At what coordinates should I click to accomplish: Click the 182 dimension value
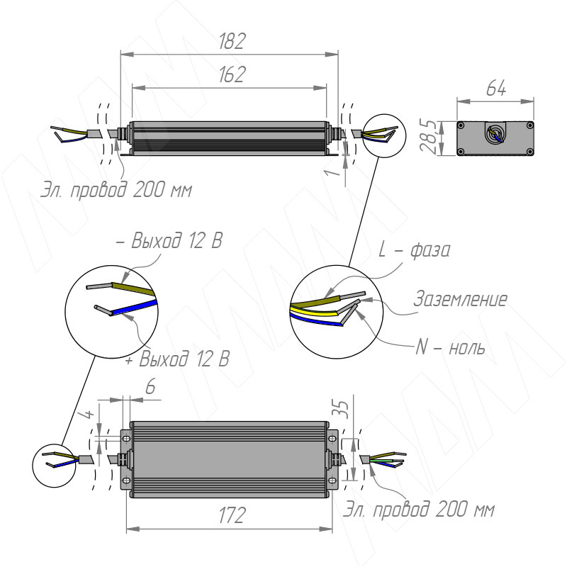pos(229,41)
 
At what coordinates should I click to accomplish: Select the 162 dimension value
pos(229,76)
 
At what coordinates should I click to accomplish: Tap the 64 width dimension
pos(495,89)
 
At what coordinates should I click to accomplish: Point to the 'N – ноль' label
pos(450,349)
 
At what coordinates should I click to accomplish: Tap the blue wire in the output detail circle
pos(131,308)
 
